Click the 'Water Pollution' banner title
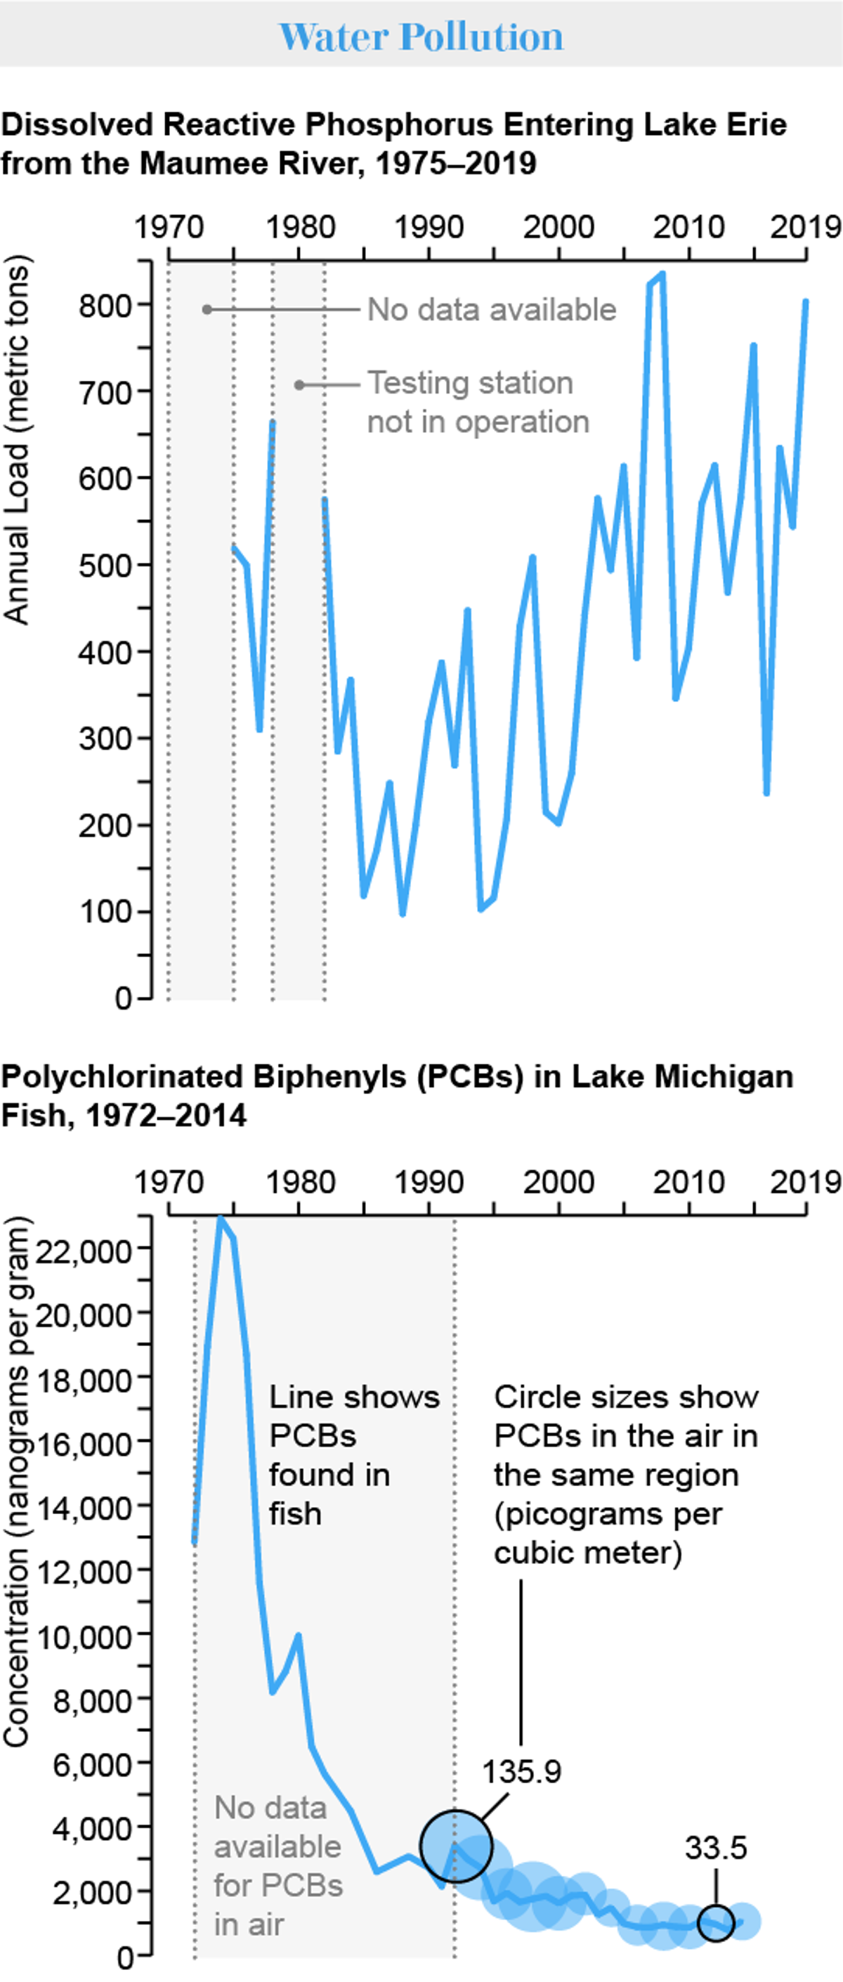pyautogui.click(x=421, y=36)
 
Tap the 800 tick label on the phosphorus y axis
pyautogui.click(x=105, y=306)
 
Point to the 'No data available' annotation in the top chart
pyautogui.click(x=491, y=309)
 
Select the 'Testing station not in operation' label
pyautogui.click(x=477, y=402)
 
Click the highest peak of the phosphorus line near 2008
pyautogui.click(x=662, y=275)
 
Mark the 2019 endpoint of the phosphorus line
pyautogui.click(x=805, y=302)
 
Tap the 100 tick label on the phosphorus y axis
pyautogui.click(x=105, y=912)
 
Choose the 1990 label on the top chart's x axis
pyautogui.click(x=429, y=227)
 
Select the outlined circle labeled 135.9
pyautogui.click(x=455, y=1845)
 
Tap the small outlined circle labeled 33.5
pyautogui.click(x=715, y=1923)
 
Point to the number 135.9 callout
pyautogui.click(x=521, y=1772)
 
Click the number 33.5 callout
pyautogui.click(x=715, y=1847)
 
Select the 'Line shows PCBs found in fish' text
pyautogui.click(x=352, y=1455)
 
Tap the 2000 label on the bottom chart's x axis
pyautogui.click(x=558, y=1182)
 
